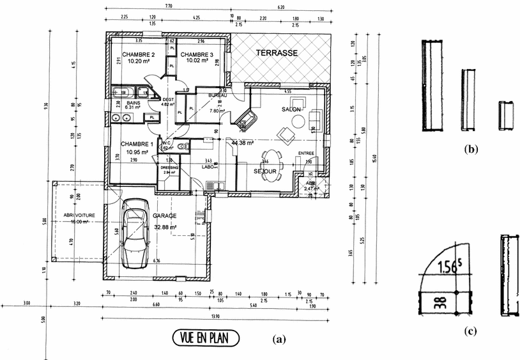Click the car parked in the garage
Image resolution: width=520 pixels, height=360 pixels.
(x=135, y=233)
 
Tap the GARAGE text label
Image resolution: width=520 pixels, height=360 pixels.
(x=164, y=216)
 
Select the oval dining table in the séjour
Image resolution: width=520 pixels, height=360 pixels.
(x=272, y=166)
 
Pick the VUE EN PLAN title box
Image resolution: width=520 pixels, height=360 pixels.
(x=204, y=337)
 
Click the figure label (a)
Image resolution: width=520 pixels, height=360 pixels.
(x=278, y=339)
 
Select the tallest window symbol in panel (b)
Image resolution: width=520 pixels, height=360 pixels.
(x=432, y=85)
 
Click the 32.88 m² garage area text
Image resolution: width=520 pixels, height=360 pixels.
(x=164, y=226)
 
